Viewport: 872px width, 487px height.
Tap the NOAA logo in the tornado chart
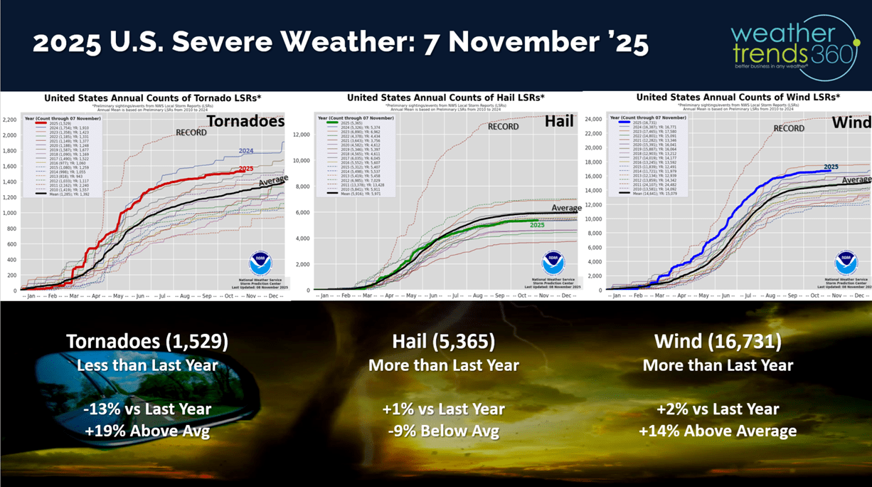click(260, 263)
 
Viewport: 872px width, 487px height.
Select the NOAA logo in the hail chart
click(553, 263)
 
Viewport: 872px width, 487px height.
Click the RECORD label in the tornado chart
click(191, 132)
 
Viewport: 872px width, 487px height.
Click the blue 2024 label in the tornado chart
click(247, 151)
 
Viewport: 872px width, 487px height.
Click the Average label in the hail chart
click(565, 208)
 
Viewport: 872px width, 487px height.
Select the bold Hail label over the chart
click(559, 122)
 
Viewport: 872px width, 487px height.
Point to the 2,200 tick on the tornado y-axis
click(10, 119)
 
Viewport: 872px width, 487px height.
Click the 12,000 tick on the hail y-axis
click(302, 134)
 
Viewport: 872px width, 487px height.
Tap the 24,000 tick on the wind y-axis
click(593, 120)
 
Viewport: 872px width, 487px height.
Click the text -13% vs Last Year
click(147, 409)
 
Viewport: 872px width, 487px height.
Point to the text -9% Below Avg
click(443, 431)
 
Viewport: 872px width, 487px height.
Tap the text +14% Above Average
click(718, 431)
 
